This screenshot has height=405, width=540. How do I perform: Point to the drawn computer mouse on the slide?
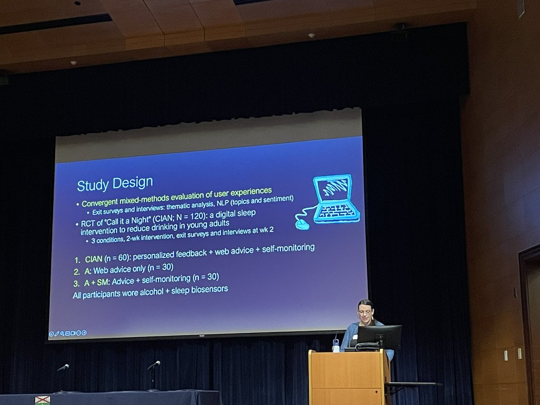302,224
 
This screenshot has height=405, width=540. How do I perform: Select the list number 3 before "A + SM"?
76,284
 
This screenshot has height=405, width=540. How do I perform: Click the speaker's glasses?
365,312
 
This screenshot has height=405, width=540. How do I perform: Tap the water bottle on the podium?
335,345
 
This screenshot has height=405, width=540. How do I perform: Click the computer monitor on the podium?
378,337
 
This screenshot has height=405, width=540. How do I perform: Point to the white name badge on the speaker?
355,337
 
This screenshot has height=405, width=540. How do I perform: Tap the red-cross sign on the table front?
42,400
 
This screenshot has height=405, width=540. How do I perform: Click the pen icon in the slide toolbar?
57,334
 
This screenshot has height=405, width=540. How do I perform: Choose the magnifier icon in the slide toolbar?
62,334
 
